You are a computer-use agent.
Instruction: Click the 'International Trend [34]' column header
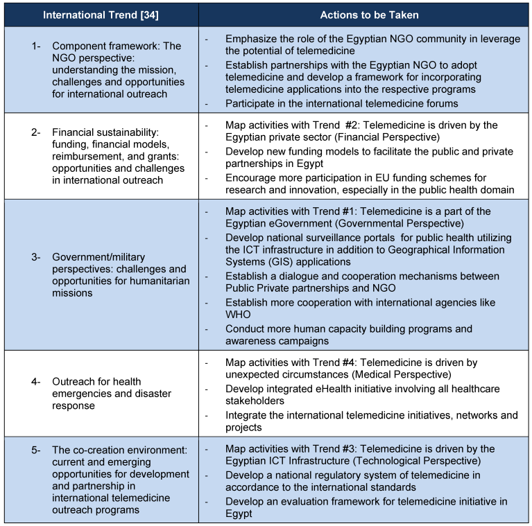tap(101, 14)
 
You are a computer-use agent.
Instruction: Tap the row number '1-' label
tap(37, 46)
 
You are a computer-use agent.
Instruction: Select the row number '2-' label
tap(37, 132)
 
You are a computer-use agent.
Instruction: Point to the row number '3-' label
tap(37, 257)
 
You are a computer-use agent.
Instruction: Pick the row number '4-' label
tap(37, 381)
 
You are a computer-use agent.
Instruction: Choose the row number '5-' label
tap(37, 450)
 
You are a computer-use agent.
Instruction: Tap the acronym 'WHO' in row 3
tap(238, 314)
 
